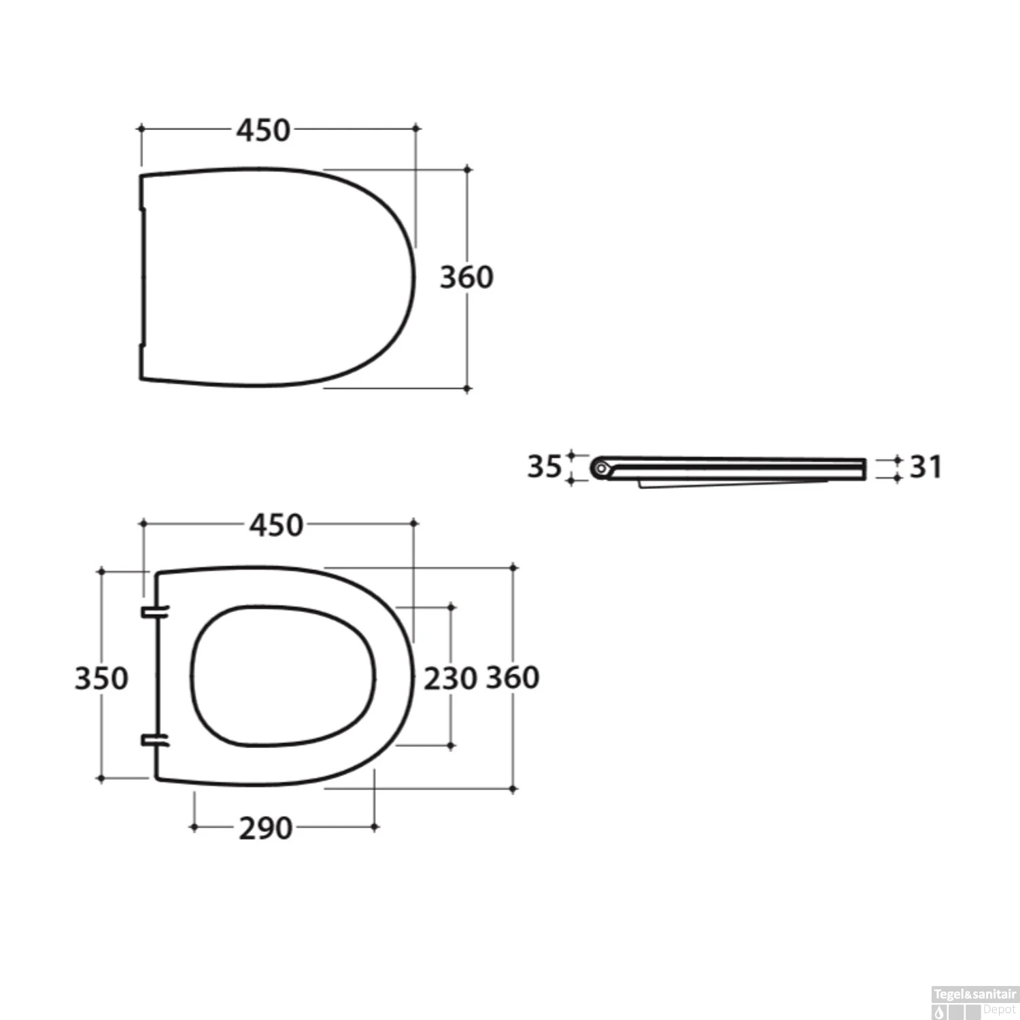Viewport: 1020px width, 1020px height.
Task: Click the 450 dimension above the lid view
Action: coord(264,130)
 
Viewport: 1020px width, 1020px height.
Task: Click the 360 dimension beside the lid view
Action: coord(466,277)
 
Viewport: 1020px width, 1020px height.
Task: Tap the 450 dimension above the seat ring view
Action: coord(276,525)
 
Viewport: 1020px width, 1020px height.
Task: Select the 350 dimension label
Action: coord(101,678)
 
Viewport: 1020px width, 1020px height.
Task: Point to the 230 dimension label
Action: coord(450,679)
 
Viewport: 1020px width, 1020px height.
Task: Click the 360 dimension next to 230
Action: coord(513,677)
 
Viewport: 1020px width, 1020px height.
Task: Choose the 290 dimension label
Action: coord(266,828)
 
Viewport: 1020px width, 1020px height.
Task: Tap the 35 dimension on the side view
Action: coord(544,466)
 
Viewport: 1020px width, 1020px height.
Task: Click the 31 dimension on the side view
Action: coord(925,467)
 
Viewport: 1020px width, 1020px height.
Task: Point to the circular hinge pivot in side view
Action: coord(600,468)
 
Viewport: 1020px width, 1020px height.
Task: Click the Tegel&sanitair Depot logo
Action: coord(974,1002)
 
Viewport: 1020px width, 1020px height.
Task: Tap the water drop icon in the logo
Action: coord(940,1013)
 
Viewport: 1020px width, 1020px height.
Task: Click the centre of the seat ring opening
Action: coord(283,676)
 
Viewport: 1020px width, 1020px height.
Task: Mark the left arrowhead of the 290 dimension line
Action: coord(194,827)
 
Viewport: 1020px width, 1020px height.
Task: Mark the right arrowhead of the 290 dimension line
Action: coord(375,827)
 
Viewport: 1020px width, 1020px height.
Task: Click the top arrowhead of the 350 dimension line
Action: coord(101,572)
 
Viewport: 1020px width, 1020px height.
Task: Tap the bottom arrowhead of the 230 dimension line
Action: coord(451,746)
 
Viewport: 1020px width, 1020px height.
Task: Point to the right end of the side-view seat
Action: coord(864,469)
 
